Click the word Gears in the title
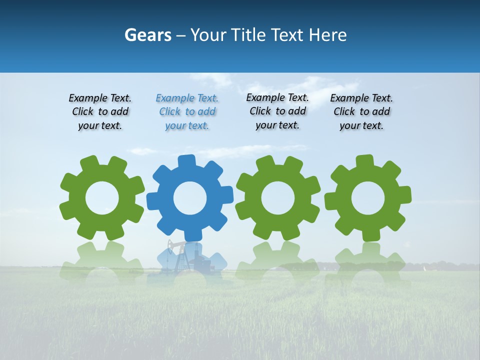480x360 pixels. [x=147, y=35]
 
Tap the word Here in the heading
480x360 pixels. [x=328, y=35]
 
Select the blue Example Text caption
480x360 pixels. [x=187, y=112]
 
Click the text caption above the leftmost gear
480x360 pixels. [x=100, y=112]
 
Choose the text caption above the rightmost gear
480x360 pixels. [x=361, y=112]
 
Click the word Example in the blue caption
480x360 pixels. [x=172, y=98]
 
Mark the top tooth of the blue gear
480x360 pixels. [x=186, y=161]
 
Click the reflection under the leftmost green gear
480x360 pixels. [x=102, y=262]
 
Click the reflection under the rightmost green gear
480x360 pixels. [x=368, y=262]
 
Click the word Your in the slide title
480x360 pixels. [x=209, y=35]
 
